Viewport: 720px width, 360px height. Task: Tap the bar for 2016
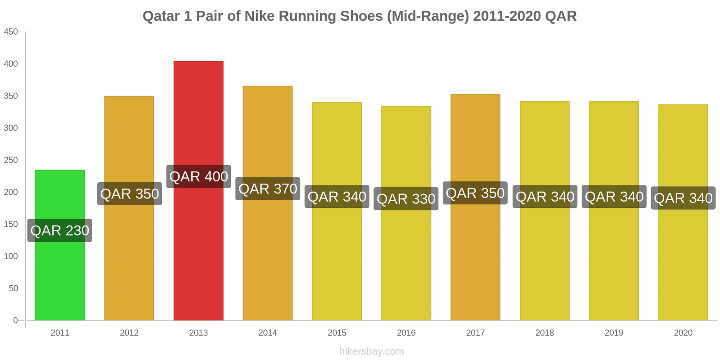(406, 261)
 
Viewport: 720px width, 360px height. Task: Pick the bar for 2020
(683, 261)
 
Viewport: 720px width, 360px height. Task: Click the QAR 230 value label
(60, 230)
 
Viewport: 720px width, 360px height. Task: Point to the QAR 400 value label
(198, 176)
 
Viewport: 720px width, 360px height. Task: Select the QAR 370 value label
(268, 189)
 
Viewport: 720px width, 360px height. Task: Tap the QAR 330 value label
(406, 198)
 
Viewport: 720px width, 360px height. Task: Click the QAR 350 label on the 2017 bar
(475, 193)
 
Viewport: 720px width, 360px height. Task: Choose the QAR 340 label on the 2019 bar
(614, 197)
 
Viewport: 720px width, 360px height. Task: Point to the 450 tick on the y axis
(11, 31)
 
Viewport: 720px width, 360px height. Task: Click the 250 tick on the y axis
(11, 160)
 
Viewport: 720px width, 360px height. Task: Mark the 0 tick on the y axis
(15, 320)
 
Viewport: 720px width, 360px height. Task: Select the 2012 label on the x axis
(129, 333)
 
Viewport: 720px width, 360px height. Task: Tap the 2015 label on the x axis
(337, 333)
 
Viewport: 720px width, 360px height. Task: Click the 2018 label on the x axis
(544, 333)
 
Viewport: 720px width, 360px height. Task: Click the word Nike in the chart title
(260, 16)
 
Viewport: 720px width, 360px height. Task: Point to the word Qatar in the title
(161, 16)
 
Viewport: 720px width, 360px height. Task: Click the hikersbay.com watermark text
(372, 351)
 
